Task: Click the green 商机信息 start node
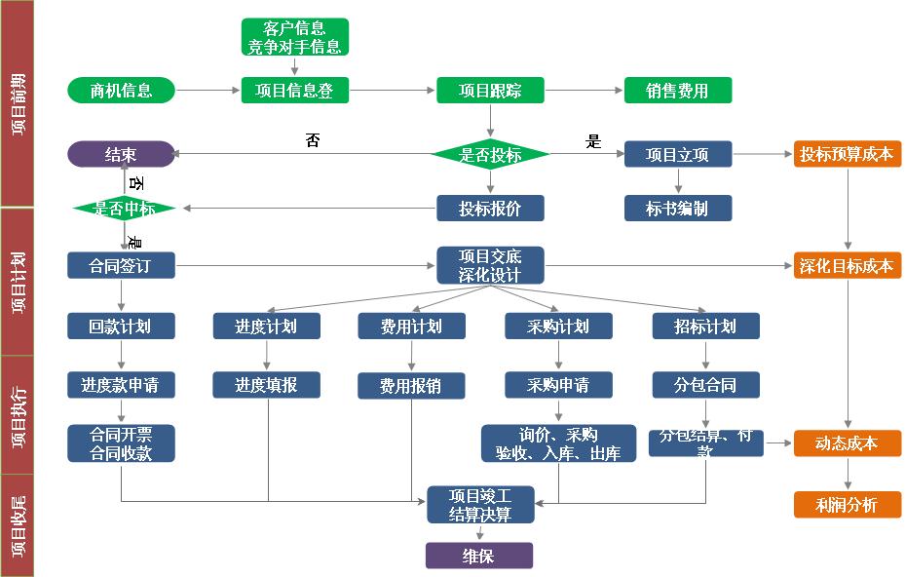[x=121, y=91]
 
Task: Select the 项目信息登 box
[x=294, y=91]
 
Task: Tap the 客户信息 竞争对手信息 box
[x=294, y=37]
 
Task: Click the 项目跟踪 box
[x=490, y=91]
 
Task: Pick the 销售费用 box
[x=677, y=91]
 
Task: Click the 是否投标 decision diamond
[x=490, y=154]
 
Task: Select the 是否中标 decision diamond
[x=123, y=208]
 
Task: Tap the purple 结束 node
[x=121, y=154]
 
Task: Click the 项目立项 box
[x=677, y=154]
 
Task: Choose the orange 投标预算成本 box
[x=847, y=154]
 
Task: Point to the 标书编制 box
[x=677, y=208]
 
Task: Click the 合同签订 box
[x=121, y=265]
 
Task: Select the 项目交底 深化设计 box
[x=490, y=265]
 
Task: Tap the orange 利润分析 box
[x=847, y=504]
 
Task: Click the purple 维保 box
[x=478, y=556]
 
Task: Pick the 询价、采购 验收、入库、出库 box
[x=558, y=442]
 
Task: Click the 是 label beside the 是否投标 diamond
[x=593, y=141]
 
